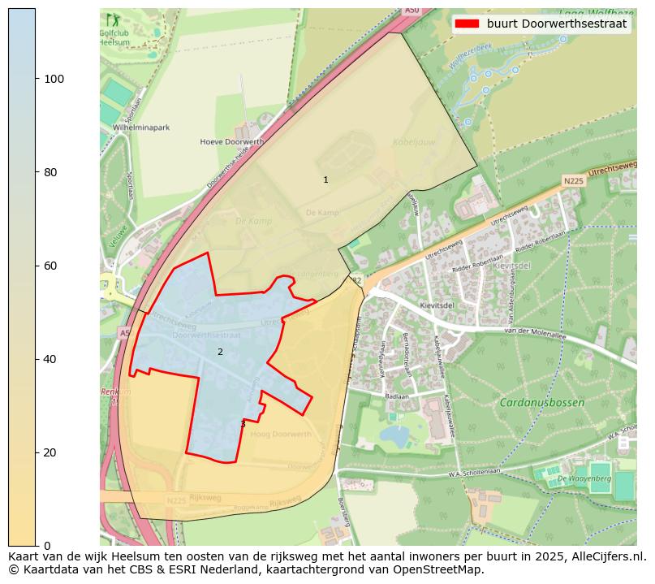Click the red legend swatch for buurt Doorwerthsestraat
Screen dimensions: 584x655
coord(467,24)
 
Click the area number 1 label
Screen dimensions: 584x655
coord(325,180)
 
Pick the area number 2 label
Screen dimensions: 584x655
coord(220,352)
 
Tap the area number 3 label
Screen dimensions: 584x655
coord(243,424)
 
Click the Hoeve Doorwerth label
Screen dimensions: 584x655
coord(232,142)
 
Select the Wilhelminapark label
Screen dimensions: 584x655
coord(140,128)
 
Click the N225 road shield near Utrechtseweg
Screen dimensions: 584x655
coord(573,180)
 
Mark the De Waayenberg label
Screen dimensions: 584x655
coord(584,479)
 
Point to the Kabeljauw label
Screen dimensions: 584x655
coord(409,141)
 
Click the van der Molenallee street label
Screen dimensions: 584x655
coord(533,331)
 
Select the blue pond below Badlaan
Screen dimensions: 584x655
coord(394,436)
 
